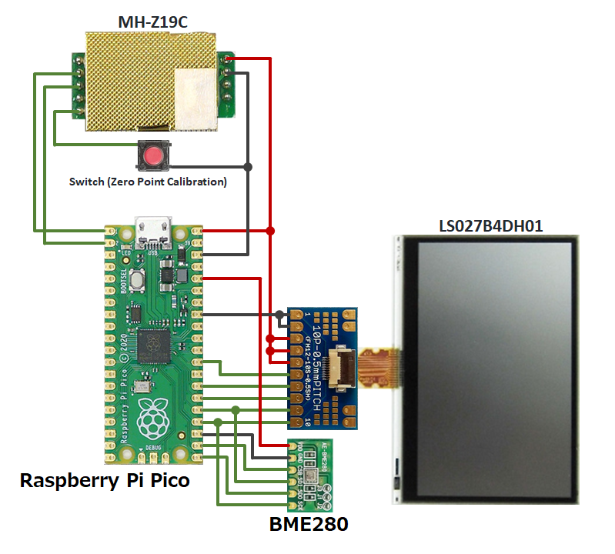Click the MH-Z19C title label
pyautogui.click(x=152, y=21)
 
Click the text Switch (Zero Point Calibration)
pyautogui.click(x=148, y=182)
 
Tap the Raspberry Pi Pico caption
pyautogui.click(x=104, y=481)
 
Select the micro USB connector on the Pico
pyautogui.click(x=152, y=229)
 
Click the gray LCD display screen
pyautogui.click(x=495, y=369)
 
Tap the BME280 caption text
pyautogui.click(x=309, y=526)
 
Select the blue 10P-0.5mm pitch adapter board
pyautogui.click(x=327, y=368)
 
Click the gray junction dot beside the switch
pyautogui.click(x=248, y=166)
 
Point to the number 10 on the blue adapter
pyautogui.click(x=307, y=422)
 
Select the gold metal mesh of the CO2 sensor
pyautogui.click(x=131, y=77)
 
